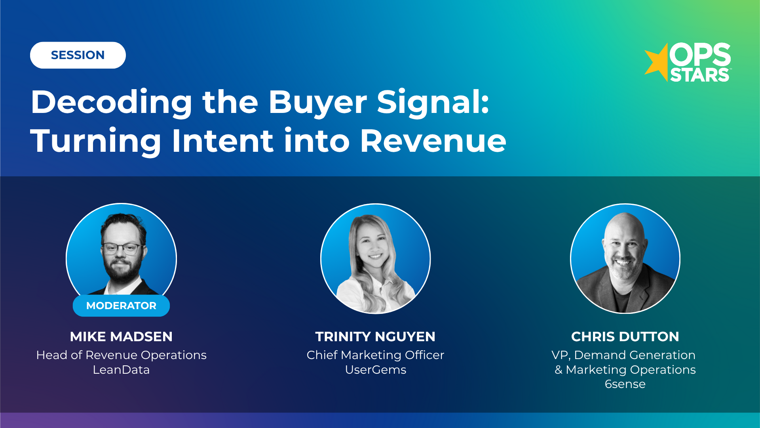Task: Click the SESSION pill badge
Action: pyautogui.click(x=78, y=55)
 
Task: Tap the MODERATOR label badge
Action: pyautogui.click(x=121, y=306)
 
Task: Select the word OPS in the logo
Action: pyautogui.click(x=700, y=54)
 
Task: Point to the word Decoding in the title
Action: pyautogui.click(x=112, y=102)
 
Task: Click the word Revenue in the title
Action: pyautogui.click(x=433, y=141)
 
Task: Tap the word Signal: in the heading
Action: pyautogui.click(x=433, y=102)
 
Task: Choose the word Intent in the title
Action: pyautogui.click(x=222, y=141)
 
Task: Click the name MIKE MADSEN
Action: pyautogui.click(x=121, y=336)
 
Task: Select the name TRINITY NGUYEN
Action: pyautogui.click(x=375, y=336)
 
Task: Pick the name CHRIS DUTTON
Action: pyautogui.click(x=625, y=336)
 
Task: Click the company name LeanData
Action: pyautogui.click(x=121, y=370)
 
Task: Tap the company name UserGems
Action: pyautogui.click(x=375, y=370)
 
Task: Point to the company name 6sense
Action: pyautogui.click(x=625, y=384)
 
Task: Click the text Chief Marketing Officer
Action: pyautogui.click(x=375, y=355)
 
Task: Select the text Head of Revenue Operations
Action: pyautogui.click(x=121, y=355)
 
